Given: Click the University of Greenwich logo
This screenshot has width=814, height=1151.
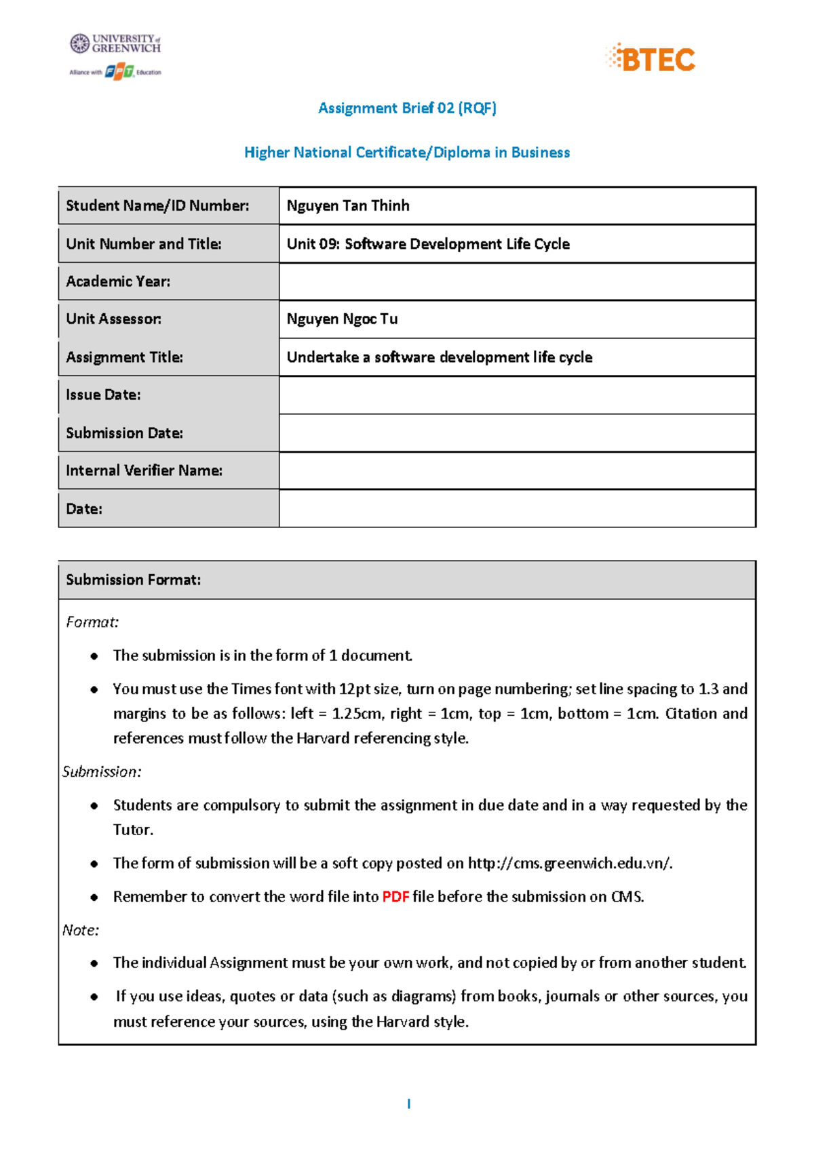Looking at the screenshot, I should [115, 44].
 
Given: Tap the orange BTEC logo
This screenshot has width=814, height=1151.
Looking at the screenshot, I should [651, 59].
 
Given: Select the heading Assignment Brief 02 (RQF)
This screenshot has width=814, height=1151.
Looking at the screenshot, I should [407, 108].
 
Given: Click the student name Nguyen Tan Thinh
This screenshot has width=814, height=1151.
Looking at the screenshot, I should [348, 205].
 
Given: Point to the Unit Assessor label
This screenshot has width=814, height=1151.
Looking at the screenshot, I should [113, 319].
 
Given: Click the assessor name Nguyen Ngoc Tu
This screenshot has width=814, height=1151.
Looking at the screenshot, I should [342, 319].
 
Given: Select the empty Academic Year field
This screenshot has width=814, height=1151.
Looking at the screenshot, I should [517, 281].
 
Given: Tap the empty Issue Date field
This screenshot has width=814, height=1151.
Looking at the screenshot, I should [517, 395].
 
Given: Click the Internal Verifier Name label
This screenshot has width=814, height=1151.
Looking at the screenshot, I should [144, 470].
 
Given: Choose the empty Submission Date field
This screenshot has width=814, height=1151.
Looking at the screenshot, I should [517, 432].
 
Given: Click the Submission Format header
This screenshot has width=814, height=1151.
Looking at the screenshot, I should [134, 580].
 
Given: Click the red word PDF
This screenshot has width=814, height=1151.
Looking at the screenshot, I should [395, 897].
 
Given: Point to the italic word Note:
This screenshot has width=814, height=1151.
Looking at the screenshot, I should [81, 930].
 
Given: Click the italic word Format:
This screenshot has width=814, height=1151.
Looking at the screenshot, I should [92, 622].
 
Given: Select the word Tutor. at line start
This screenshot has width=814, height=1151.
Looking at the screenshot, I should [133, 830].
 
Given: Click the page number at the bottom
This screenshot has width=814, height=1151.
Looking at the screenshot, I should [408, 1104].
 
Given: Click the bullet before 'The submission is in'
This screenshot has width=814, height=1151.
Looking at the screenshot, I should [94, 655].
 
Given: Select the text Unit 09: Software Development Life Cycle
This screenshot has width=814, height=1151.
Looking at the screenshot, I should [428, 244].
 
